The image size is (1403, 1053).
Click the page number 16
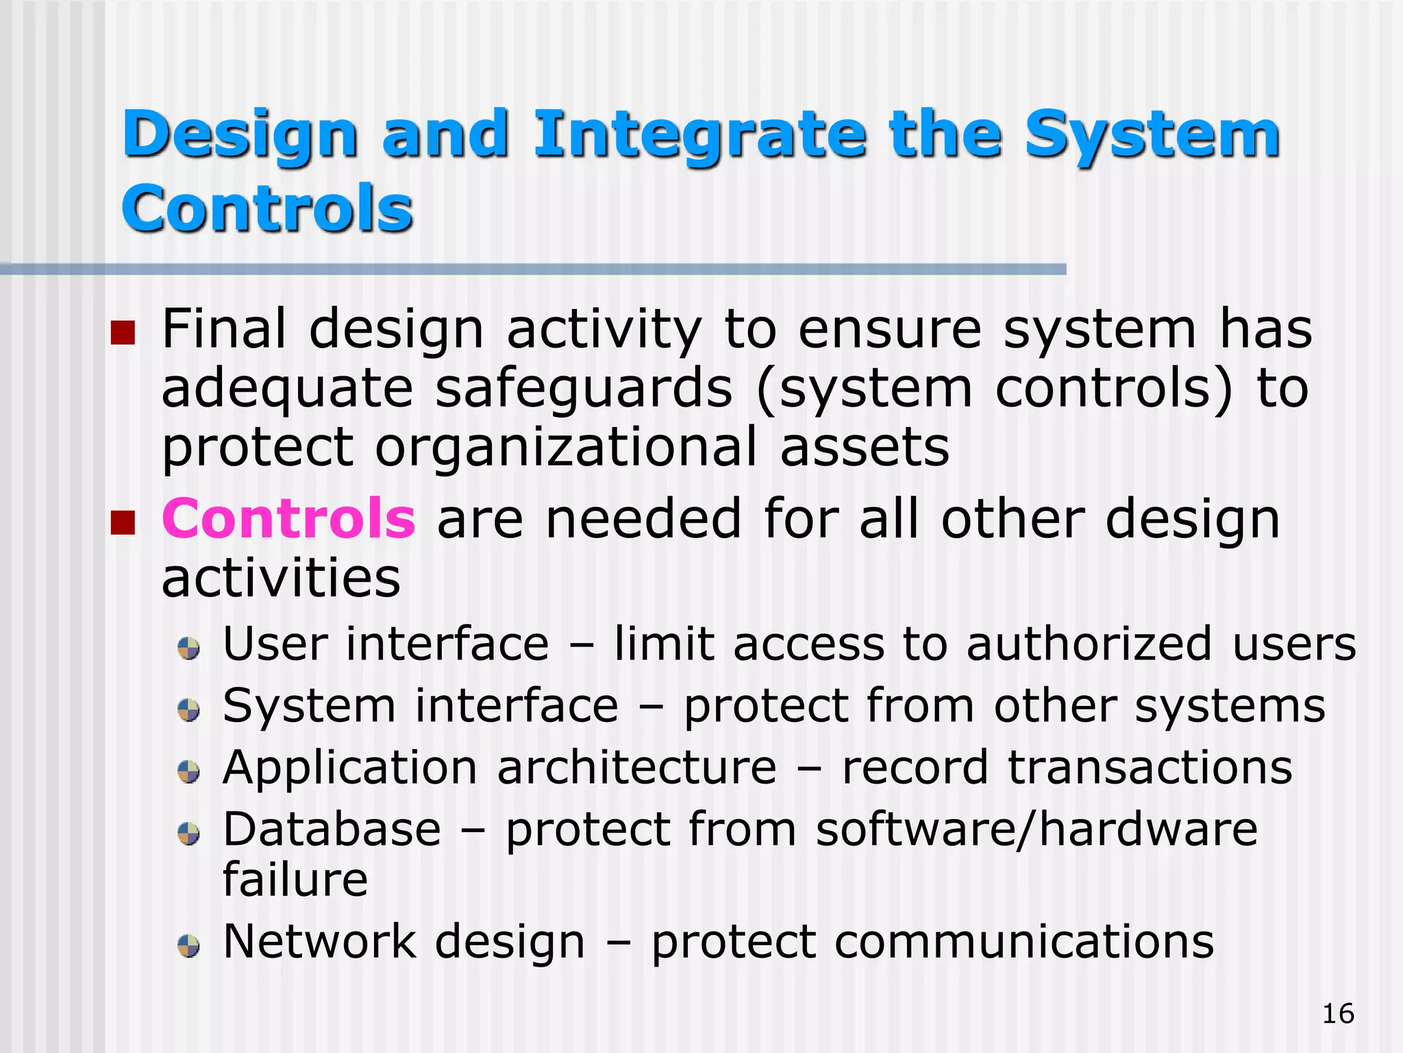1338,1013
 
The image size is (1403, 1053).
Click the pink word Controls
288,519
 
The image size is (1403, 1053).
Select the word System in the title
1152,136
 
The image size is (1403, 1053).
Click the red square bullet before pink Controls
123,522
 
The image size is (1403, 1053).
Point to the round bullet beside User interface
188,648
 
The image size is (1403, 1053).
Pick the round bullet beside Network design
188,946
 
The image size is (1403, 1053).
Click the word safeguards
584,389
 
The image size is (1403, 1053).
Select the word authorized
1089,644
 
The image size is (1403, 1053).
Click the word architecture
636,767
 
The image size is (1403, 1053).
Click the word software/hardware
1036,830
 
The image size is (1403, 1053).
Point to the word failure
295,880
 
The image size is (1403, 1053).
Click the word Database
332,830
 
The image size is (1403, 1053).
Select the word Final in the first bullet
223,329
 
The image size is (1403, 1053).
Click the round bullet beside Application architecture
188,772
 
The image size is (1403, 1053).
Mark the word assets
865,447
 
